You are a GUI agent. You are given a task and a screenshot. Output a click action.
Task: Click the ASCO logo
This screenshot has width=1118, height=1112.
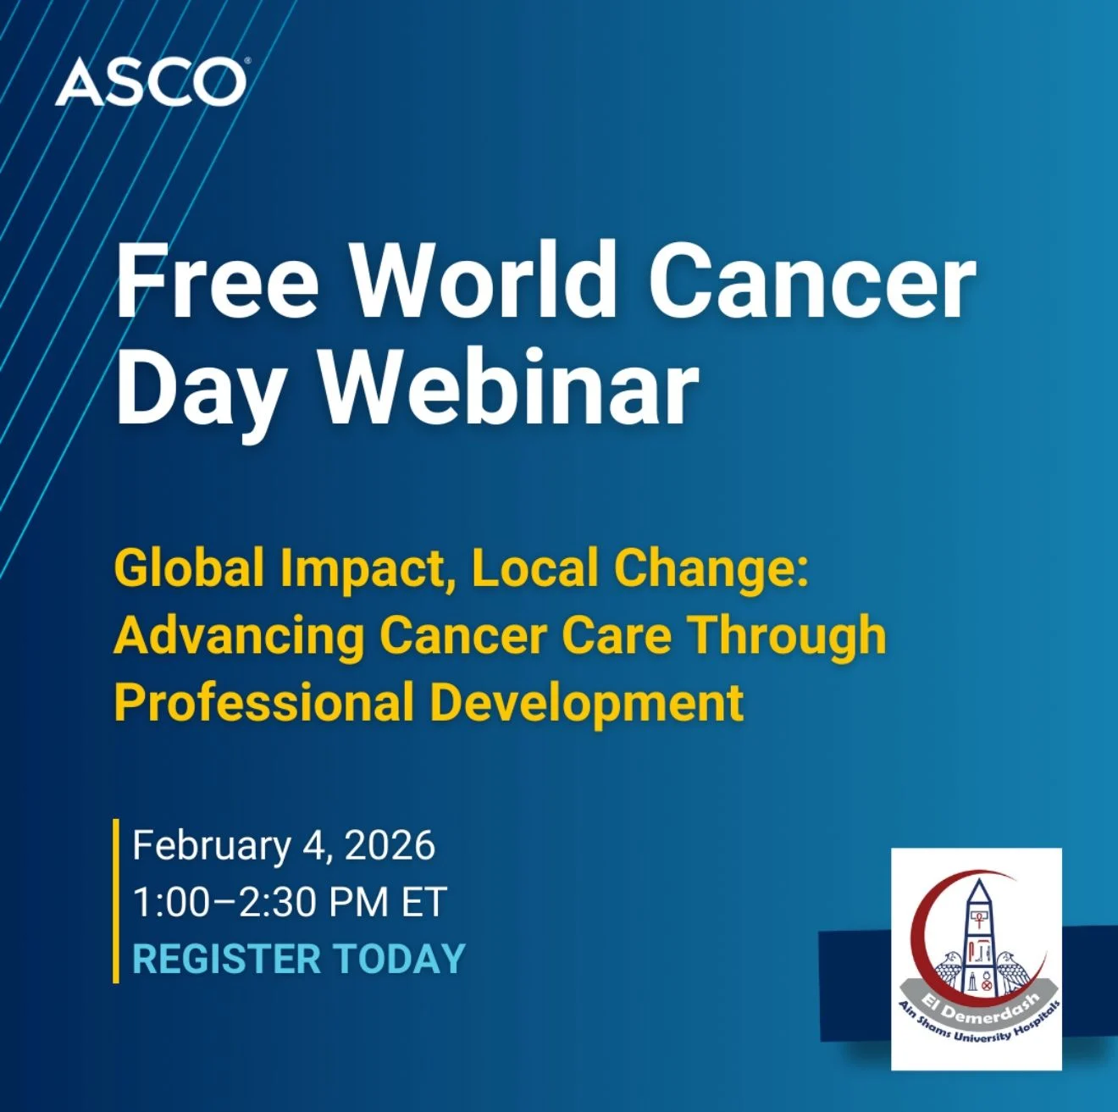151,83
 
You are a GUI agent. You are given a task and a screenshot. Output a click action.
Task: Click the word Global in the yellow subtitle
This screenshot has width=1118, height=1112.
189,567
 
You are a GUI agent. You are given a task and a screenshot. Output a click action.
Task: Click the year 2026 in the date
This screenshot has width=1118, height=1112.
390,846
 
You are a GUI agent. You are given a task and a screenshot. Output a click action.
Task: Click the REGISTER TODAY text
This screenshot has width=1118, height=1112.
299,960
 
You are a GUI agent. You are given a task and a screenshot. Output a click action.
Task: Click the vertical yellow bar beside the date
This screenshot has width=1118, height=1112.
116,901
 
